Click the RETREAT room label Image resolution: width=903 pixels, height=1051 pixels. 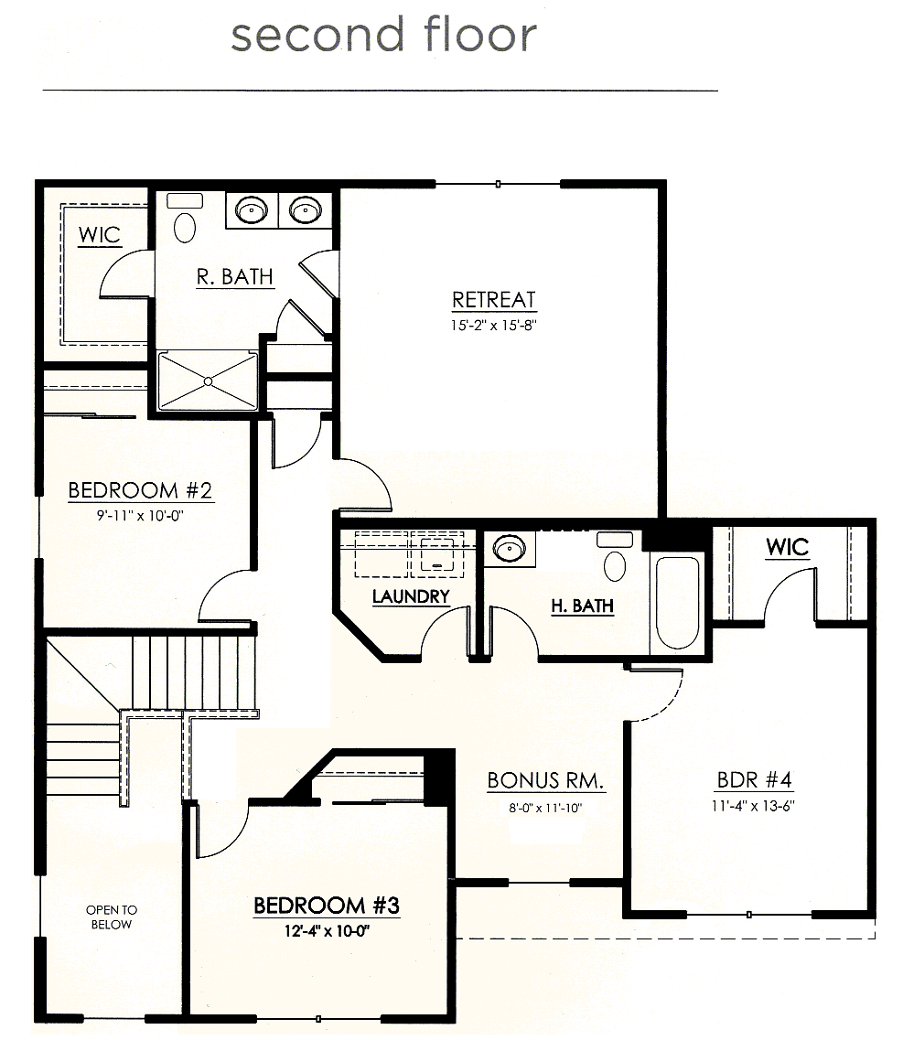point(494,300)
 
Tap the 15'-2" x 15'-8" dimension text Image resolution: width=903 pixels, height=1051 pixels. point(494,326)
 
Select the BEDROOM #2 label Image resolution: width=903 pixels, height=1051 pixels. point(140,490)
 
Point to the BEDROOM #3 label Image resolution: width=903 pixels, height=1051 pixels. point(327,906)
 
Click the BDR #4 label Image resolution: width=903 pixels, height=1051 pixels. point(754,779)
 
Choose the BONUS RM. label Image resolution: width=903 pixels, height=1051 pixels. point(545,780)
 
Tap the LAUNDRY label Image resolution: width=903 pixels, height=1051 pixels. point(411,595)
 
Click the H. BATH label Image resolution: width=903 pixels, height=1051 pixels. point(583,606)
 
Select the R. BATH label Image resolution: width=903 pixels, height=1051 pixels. point(234,276)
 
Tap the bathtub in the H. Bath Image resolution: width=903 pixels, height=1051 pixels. point(677,604)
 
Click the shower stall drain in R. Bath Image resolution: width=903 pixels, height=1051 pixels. point(208,381)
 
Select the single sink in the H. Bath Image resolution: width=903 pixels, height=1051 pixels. point(510,548)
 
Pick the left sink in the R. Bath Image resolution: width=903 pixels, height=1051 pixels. point(252,210)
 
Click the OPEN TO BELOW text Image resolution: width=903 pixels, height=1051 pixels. point(112,917)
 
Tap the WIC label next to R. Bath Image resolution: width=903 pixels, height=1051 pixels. point(99,234)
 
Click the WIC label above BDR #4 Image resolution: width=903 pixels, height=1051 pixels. point(788,547)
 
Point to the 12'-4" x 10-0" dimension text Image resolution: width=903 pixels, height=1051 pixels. point(327,931)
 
